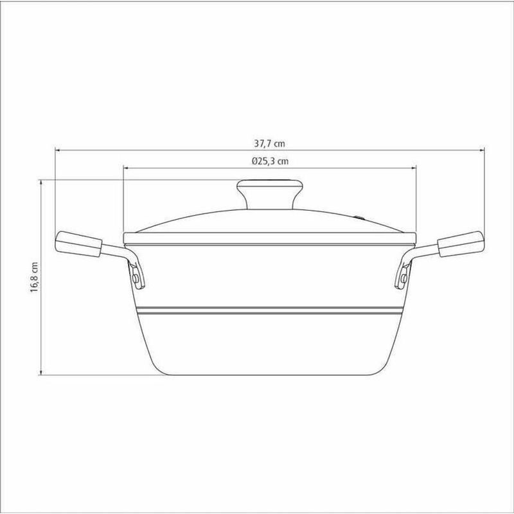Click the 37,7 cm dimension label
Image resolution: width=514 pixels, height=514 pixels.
[x=269, y=143]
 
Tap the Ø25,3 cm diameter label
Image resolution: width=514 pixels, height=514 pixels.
[x=270, y=161]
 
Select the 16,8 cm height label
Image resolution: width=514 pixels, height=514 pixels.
[x=35, y=278]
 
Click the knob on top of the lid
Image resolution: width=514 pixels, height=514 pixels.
[x=269, y=194]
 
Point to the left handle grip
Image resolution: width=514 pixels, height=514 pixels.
[x=78, y=244]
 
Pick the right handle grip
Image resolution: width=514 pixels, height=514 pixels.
[x=461, y=244]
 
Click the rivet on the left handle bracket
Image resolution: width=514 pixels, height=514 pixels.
[x=135, y=279]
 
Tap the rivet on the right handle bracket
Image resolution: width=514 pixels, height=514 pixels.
[x=404, y=279]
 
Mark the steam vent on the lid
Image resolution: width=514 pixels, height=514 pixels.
[x=360, y=217]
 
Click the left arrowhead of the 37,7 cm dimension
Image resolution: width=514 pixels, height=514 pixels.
[x=57, y=150]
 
